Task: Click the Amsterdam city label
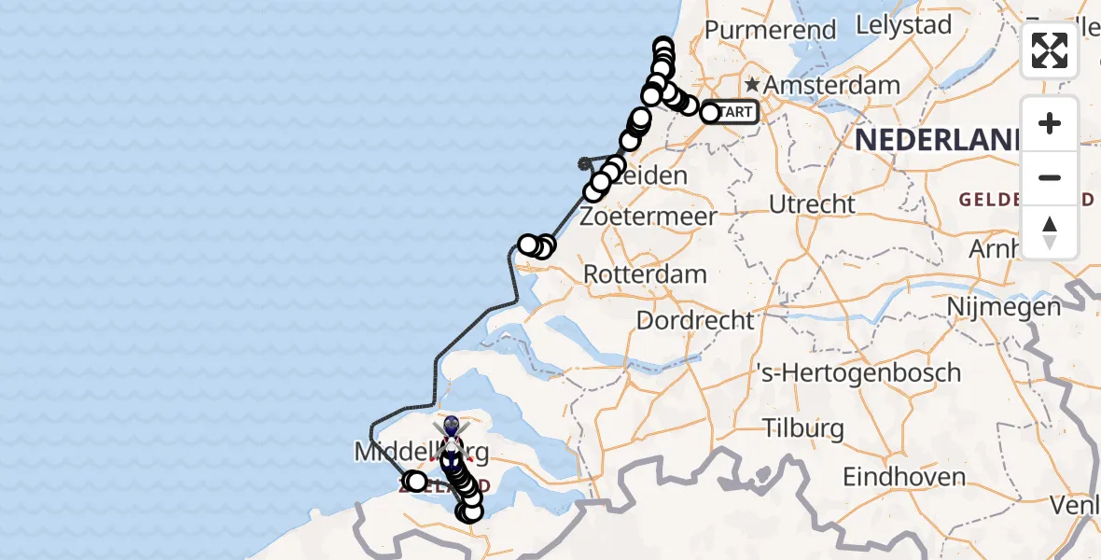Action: [832, 85]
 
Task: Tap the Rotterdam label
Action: [645, 274]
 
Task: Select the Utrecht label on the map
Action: [813, 203]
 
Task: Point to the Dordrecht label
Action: [695, 320]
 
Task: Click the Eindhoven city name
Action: [904, 477]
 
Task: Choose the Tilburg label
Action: [803, 429]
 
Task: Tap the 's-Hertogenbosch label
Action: [857, 372]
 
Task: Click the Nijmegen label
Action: [1004, 306]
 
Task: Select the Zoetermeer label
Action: [648, 217]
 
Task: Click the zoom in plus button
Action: [1050, 123]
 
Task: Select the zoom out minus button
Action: [1050, 177]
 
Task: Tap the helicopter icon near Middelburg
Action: [451, 439]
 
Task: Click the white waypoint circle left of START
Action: [710, 113]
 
